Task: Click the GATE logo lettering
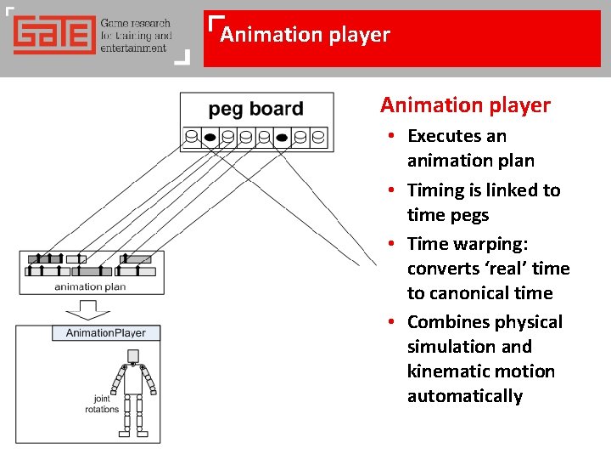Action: click(53, 37)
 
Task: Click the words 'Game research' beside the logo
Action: click(136, 25)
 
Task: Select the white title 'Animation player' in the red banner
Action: click(305, 35)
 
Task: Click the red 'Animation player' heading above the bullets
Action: click(465, 105)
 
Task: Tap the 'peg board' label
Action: click(255, 109)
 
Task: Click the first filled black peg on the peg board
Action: click(210, 136)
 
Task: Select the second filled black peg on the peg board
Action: click(283, 136)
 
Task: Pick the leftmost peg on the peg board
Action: click(192, 136)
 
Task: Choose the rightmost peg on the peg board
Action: click(319, 136)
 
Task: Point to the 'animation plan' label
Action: click(90, 287)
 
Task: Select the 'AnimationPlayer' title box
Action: click(106, 333)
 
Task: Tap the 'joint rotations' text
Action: click(102, 404)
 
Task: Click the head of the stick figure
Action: click(132, 354)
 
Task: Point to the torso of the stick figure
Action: click(133, 380)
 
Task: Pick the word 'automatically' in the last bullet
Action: click(465, 396)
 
